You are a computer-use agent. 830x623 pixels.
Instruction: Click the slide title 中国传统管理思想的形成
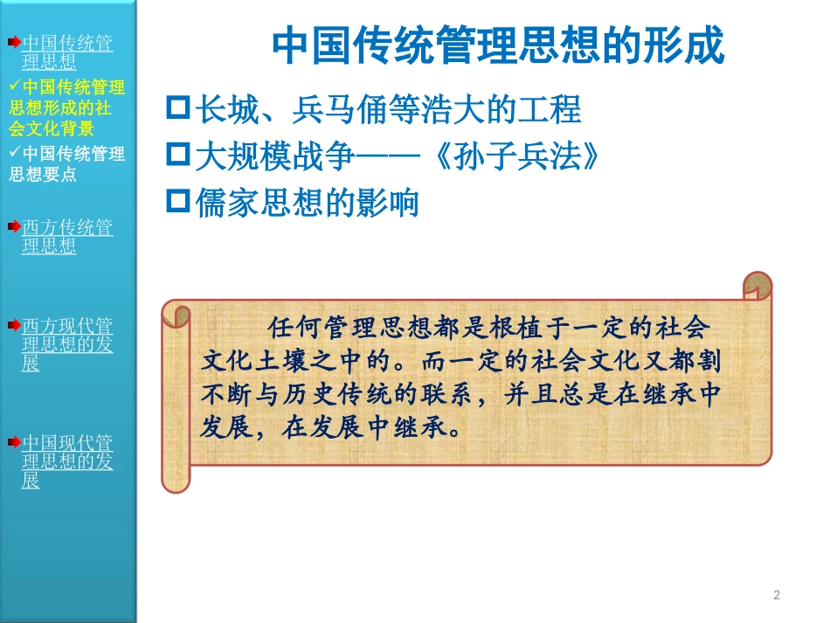tap(499, 46)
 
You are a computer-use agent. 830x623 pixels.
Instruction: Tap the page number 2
tap(777, 595)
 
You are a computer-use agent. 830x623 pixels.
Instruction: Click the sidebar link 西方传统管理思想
tap(67, 236)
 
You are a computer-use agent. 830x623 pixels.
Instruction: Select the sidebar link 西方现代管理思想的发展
tap(67, 344)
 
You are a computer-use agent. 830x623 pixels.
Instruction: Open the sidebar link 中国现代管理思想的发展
tap(67, 460)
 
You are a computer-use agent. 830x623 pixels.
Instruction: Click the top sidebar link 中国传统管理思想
tap(67, 52)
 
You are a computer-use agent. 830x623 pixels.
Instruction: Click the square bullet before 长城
tap(177, 109)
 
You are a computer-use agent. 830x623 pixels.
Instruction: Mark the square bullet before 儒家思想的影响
tap(177, 202)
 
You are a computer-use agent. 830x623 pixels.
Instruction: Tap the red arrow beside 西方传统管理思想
tap(14, 226)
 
